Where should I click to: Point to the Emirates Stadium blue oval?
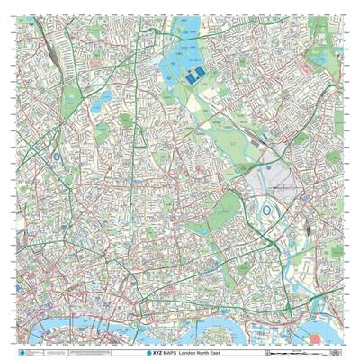click(57, 157)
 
